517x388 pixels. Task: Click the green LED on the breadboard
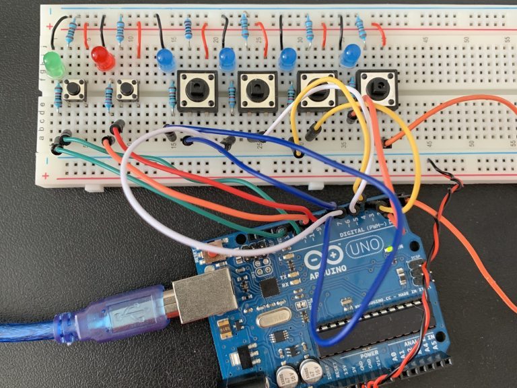click(53, 65)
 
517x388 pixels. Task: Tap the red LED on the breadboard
click(103, 58)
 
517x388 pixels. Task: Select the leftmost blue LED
click(165, 60)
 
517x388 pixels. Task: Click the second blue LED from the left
click(227, 59)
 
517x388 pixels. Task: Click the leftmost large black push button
click(197, 90)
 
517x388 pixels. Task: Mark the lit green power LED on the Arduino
click(390, 251)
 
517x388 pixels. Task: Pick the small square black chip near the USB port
click(270, 288)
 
